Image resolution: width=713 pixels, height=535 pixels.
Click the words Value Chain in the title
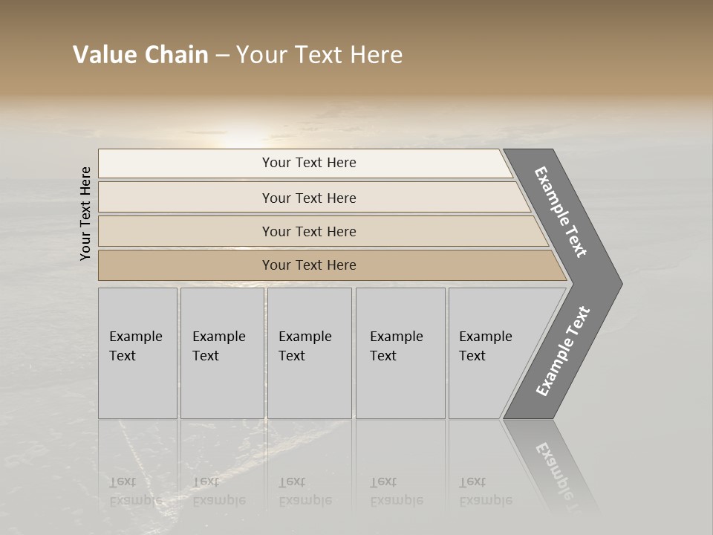pos(140,55)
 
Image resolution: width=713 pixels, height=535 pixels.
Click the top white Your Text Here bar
pos(309,163)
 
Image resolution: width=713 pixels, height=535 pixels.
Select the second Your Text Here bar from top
pos(309,198)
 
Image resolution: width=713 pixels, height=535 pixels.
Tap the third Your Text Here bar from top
pos(309,231)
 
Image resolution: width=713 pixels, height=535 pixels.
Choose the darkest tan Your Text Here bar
pos(309,265)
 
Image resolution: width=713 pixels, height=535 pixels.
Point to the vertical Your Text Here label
pos(85,213)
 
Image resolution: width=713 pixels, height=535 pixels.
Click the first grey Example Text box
pos(137,353)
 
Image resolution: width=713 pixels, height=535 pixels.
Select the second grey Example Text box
pos(221,353)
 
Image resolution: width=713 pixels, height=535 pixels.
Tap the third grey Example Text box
pos(309,353)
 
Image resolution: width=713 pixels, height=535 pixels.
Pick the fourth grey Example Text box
pos(400,353)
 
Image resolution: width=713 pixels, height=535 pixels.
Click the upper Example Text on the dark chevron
pos(561,212)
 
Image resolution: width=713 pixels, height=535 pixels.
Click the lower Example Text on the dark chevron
pos(563,351)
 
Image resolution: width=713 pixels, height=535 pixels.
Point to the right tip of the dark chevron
pos(620,284)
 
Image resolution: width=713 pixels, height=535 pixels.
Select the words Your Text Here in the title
pos(319,55)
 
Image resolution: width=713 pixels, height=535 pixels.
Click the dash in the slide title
pos(222,56)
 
